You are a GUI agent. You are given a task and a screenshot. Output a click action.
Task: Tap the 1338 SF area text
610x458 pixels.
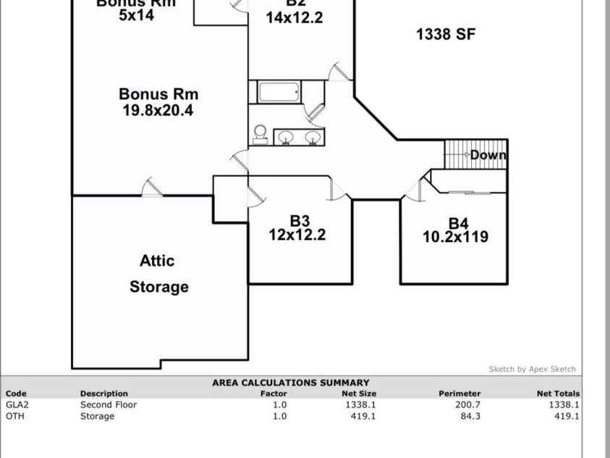pos(446,34)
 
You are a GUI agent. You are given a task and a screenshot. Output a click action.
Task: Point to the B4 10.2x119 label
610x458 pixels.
pos(455,230)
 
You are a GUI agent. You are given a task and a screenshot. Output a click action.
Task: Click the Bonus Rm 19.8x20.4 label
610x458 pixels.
pos(158,102)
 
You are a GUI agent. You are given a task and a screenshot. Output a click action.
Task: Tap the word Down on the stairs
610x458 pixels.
pos(488,155)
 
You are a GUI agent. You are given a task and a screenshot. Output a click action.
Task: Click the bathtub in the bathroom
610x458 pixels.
pos(279,93)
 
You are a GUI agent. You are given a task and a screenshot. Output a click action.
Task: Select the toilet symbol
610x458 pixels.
pos(260,134)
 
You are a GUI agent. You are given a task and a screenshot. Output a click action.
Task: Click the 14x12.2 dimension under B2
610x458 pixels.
pos(295,18)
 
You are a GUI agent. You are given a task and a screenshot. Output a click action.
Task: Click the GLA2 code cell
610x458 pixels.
pos(16,405)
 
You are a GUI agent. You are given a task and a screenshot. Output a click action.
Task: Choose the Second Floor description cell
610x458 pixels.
pos(109,405)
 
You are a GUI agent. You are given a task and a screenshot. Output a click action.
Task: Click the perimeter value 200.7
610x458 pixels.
pos(467,405)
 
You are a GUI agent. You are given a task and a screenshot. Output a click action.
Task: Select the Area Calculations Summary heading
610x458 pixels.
pos(290,383)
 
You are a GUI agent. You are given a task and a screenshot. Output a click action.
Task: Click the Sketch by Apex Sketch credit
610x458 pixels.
pos(533,370)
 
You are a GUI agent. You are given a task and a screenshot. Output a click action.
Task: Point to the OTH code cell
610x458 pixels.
pos(14,417)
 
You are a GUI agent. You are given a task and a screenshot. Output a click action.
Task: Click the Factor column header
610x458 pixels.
pos(274,394)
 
